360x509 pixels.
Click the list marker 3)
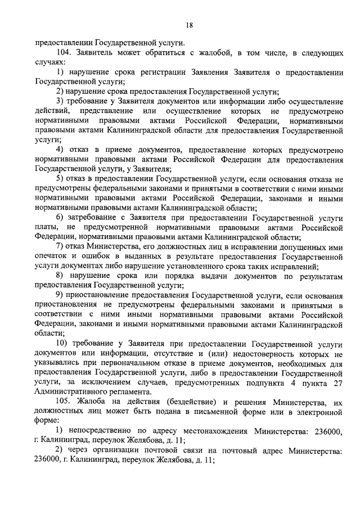click(60, 101)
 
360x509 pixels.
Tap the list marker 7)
click(60, 246)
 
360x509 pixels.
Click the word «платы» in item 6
click(46, 227)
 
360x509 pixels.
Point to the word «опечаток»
click(52, 256)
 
